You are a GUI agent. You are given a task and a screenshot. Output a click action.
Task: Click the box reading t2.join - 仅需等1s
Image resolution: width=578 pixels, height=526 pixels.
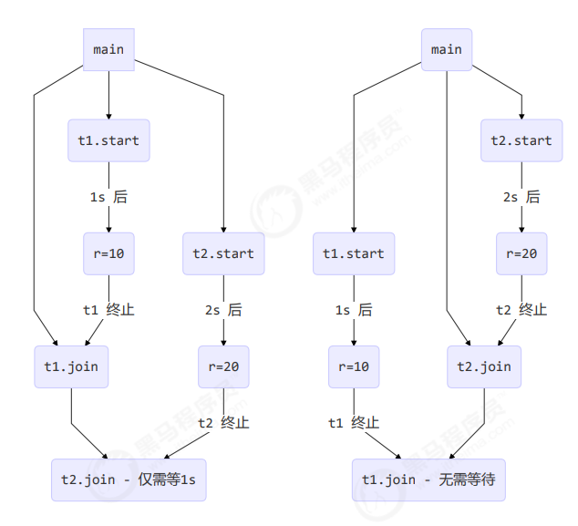129,480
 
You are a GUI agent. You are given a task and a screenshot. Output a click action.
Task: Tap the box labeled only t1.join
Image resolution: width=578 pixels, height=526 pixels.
70,367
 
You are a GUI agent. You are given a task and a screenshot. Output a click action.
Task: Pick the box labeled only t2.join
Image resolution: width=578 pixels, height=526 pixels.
483,367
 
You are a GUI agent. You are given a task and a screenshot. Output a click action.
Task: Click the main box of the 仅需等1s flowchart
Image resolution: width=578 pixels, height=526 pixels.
109,49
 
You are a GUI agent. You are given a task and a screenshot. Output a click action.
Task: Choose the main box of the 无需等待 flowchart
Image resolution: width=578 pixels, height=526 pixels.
447,49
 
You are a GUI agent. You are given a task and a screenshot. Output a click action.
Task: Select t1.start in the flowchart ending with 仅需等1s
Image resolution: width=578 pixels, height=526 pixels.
108,140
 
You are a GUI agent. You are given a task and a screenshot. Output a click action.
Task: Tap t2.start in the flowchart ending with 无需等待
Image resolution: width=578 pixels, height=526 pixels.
521,140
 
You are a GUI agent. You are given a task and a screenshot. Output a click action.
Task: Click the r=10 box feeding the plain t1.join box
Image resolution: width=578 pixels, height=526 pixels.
108,253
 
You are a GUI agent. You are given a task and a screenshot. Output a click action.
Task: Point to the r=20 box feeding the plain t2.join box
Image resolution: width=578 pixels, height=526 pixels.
521,253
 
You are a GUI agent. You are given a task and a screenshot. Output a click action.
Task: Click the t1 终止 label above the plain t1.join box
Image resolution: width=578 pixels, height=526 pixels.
108,310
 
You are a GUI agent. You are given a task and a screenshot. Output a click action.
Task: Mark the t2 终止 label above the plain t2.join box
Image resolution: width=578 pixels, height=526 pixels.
521,310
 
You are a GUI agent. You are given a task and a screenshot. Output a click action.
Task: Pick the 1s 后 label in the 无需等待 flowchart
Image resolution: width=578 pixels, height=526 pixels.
354,310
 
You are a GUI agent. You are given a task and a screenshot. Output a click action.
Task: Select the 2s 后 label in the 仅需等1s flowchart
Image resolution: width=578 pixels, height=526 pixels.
223,310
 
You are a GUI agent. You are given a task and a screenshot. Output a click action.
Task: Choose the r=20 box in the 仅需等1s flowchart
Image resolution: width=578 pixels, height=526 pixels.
223,367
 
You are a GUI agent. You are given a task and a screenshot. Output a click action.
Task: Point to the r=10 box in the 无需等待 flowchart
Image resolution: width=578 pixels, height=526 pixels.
354,367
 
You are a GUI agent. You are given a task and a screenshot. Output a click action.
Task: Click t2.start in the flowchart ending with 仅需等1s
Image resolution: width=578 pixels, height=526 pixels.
223,253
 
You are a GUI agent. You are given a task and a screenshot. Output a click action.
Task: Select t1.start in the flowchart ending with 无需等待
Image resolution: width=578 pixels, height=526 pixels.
354,253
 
